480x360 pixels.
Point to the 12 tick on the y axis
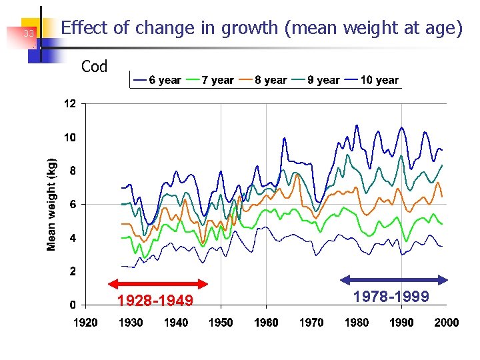[70, 104]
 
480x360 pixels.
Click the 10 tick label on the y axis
[70, 137]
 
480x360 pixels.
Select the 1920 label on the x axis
[85, 323]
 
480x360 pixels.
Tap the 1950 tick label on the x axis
[221, 323]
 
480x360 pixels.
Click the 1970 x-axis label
[311, 323]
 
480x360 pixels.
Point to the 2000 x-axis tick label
[446, 323]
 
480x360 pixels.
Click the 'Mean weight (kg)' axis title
[52, 204]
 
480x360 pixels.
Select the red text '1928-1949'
[155, 301]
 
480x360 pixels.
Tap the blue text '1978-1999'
[391, 296]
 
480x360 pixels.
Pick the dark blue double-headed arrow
[393, 279]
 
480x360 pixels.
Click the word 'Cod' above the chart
[94, 67]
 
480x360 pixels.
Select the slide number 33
[29, 34]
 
